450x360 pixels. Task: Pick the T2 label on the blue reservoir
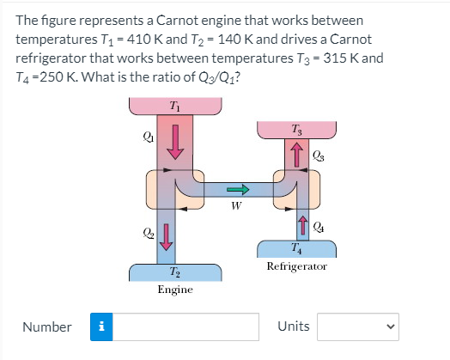(x=175, y=272)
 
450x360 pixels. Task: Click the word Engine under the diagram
(x=175, y=290)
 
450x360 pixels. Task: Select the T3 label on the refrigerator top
(x=296, y=129)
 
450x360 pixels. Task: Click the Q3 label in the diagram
(x=319, y=156)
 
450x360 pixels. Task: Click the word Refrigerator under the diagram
(x=296, y=267)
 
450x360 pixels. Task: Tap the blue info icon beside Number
(x=102, y=326)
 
